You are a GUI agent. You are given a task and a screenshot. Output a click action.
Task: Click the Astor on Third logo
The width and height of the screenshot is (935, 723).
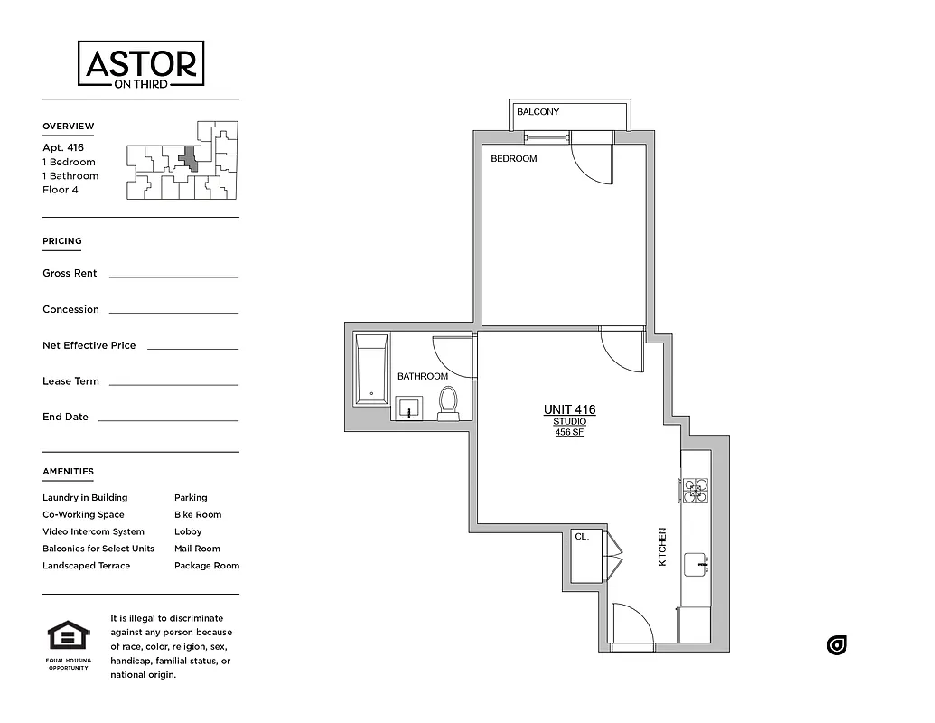pyautogui.click(x=140, y=64)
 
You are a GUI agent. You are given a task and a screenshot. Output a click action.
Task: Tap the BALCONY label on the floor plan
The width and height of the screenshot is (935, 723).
pyautogui.click(x=538, y=112)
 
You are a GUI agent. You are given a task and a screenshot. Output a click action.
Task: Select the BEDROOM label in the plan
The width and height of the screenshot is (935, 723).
pyautogui.click(x=513, y=159)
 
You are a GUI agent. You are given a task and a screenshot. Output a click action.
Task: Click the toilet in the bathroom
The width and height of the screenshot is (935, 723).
pyautogui.click(x=448, y=403)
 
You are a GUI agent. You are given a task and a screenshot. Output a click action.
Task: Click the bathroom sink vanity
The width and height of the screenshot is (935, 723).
pyautogui.click(x=411, y=408)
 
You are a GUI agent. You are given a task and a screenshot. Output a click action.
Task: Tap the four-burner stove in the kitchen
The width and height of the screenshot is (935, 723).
pyautogui.click(x=695, y=490)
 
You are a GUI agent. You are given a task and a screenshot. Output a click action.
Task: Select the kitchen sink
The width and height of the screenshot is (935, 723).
pyautogui.click(x=697, y=564)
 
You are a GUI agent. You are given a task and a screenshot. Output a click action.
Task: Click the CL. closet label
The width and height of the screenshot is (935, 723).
pyautogui.click(x=582, y=537)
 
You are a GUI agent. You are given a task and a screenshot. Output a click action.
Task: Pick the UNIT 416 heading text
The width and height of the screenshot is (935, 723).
pyautogui.click(x=569, y=410)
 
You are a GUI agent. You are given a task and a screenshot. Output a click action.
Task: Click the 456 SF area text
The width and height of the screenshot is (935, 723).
pyautogui.click(x=569, y=432)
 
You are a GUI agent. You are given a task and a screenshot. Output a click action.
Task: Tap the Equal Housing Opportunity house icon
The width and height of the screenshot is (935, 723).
pyautogui.click(x=68, y=636)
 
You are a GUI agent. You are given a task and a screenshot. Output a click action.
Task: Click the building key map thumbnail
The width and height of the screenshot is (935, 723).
pyautogui.click(x=182, y=160)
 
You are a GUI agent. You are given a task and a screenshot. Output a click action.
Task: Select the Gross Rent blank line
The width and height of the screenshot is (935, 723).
pyautogui.click(x=173, y=276)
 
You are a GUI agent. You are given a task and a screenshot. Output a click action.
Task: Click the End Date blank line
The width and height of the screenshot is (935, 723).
pyautogui.click(x=167, y=419)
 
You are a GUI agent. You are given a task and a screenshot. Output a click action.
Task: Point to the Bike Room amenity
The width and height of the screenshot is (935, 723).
pyautogui.click(x=197, y=515)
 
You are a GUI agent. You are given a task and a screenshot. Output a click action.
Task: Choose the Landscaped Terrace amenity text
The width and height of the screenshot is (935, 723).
pyautogui.click(x=86, y=566)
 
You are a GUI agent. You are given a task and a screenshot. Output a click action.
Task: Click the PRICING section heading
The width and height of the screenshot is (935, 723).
pyautogui.click(x=62, y=241)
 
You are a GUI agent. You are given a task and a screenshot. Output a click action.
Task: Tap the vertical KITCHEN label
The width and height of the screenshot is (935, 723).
pyautogui.click(x=662, y=547)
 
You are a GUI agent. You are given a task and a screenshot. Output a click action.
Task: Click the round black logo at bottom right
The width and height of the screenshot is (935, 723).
pyautogui.click(x=837, y=645)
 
